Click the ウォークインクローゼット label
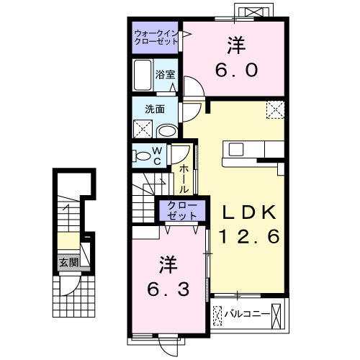(156, 38)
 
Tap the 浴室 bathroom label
(166, 73)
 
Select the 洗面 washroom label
(154, 109)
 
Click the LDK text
(248, 212)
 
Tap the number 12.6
(248, 235)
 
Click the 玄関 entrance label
(68, 262)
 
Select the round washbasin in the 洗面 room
(166, 131)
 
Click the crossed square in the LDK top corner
(275, 110)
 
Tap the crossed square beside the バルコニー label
(218, 315)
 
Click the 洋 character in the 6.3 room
(167, 264)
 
